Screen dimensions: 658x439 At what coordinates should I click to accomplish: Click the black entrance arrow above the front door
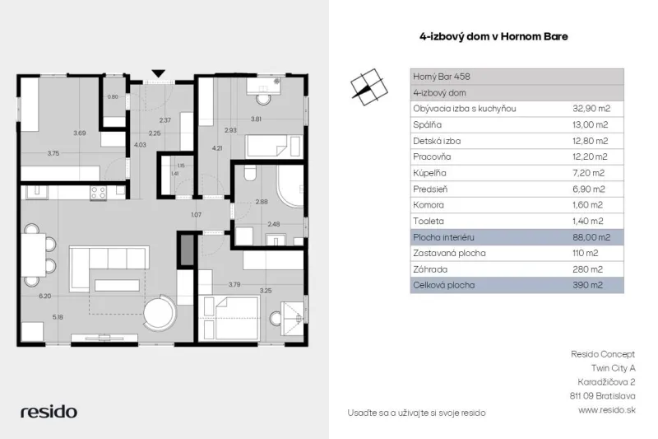point(158,73)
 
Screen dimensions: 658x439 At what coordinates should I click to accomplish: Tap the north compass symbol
point(368,87)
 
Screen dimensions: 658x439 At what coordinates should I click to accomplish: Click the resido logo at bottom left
point(49,412)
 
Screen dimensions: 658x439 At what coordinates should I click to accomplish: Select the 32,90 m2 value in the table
point(591,109)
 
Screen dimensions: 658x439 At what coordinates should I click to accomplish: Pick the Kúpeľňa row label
point(429,173)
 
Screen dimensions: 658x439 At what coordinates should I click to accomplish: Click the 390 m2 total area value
point(587,285)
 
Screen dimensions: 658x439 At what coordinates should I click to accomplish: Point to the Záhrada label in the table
point(430,269)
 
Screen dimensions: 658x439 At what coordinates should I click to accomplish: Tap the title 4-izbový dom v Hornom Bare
point(493,36)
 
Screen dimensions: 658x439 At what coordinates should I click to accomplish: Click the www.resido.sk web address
point(607,409)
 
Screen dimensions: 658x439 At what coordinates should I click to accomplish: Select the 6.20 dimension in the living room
point(45,296)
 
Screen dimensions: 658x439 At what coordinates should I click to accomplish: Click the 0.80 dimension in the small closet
point(113,96)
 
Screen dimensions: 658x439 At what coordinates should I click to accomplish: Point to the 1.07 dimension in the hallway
point(196,215)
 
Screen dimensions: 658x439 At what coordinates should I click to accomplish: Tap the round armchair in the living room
point(160,313)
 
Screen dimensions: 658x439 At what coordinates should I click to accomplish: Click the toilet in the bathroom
point(250,173)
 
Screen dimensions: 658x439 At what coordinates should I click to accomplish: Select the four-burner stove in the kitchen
point(98,193)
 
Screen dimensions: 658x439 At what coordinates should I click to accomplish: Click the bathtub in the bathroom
point(290,185)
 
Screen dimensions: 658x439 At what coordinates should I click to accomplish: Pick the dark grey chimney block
point(187,250)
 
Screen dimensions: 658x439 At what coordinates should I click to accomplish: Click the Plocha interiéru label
point(443,237)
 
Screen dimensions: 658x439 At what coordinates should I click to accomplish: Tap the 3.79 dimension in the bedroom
point(234,284)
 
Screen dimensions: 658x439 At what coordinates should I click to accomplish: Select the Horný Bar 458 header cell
point(442,77)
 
